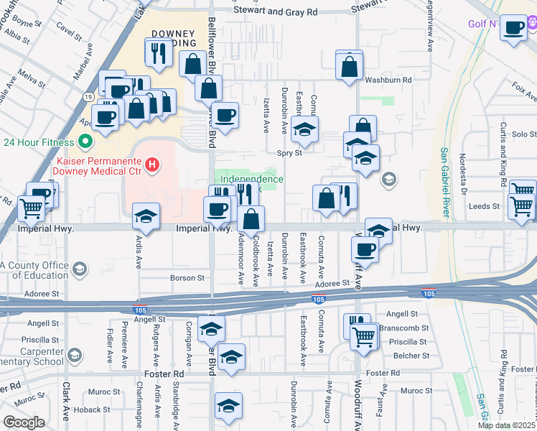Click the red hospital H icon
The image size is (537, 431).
[x=151, y=166]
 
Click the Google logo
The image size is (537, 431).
[x=24, y=422]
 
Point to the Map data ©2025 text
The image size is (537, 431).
[x=507, y=425]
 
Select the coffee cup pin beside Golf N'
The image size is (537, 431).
[x=514, y=28]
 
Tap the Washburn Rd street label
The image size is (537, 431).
[x=388, y=80]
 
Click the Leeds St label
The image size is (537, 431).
[x=484, y=206]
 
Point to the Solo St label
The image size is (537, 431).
[x=524, y=134]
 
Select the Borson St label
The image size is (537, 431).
[x=187, y=278]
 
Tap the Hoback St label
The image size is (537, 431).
[x=90, y=410]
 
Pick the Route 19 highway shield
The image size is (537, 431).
[x=86, y=95]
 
